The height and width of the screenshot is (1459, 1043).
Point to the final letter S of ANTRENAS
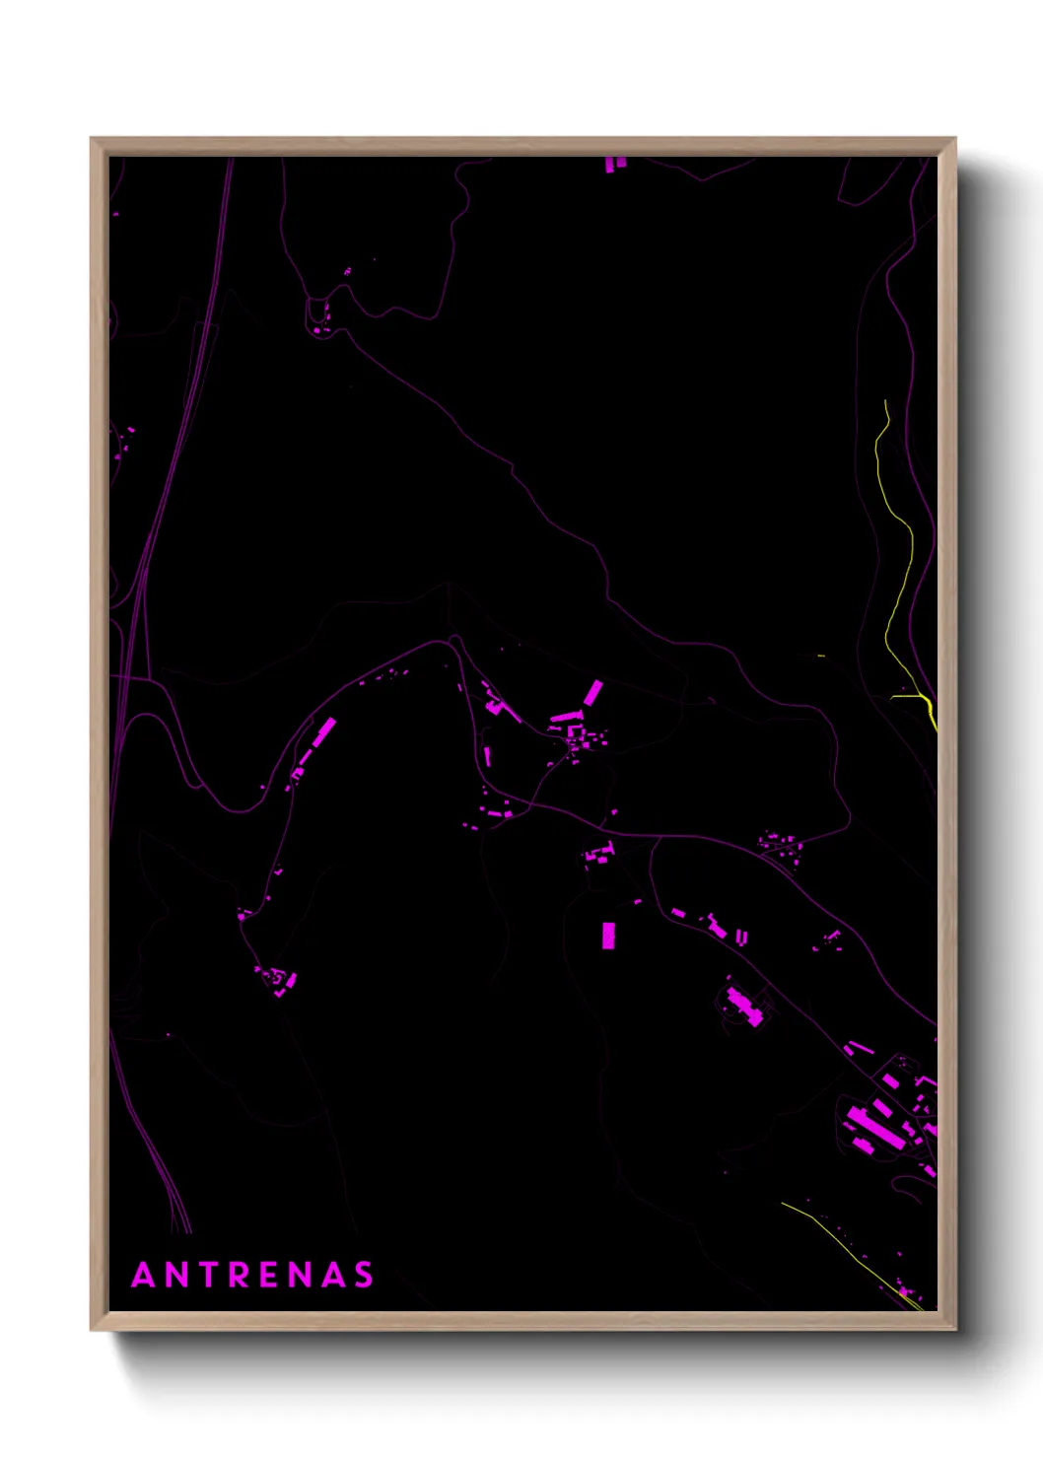tap(364, 1275)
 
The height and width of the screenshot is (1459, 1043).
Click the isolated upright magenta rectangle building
tap(608, 935)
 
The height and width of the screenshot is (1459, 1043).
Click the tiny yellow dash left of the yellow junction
tap(820, 655)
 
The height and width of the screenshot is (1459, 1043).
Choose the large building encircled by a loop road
tap(743, 1007)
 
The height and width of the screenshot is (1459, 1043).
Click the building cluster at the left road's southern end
tap(277, 980)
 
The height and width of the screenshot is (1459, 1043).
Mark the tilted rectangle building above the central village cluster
tap(592, 692)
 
